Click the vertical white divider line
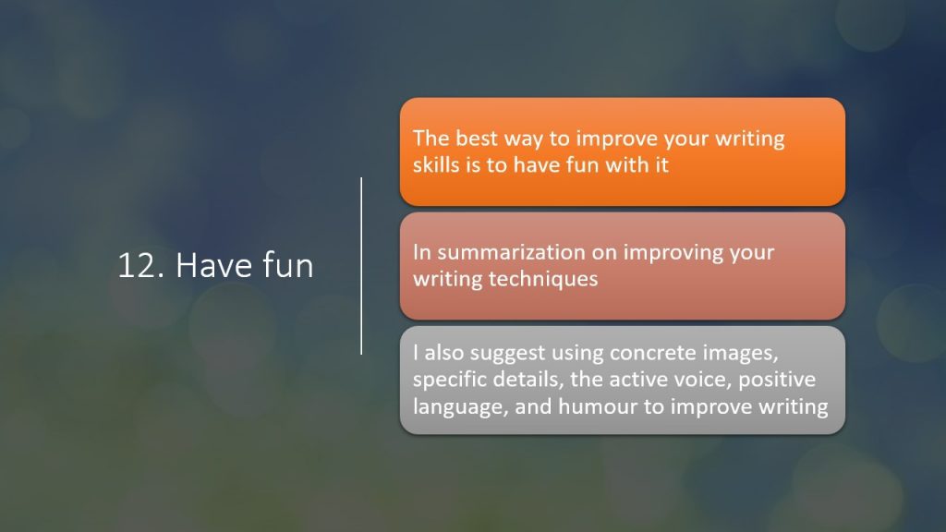pyautogui.click(x=361, y=265)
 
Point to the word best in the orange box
pyautogui.click(x=477, y=139)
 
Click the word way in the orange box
pyautogui.click(x=523, y=140)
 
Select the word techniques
pyautogui.click(x=543, y=279)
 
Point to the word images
pyautogui.click(x=732, y=354)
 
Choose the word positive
pyautogui.click(x=777, y=381)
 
